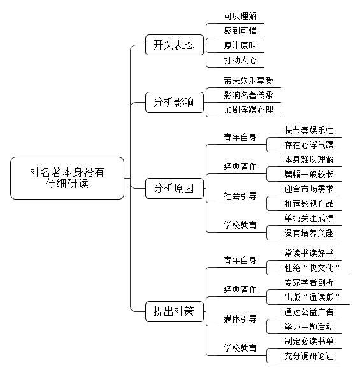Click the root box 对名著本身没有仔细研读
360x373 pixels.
68,178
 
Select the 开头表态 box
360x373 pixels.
175,45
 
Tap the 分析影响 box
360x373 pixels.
175,102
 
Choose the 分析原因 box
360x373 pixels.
175,188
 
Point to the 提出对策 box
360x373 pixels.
175,311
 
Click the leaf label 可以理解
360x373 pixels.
240,16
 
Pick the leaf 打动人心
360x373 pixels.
240,60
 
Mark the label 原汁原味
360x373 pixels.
240,45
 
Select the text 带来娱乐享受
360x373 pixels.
248,80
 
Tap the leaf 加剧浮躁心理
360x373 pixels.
248,110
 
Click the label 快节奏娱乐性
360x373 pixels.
309,130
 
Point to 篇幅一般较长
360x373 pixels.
309,174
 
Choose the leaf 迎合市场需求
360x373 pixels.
309,189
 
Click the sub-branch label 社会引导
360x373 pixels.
240,196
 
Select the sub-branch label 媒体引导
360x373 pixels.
240,319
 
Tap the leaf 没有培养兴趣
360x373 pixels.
309,233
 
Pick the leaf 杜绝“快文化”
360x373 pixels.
312,268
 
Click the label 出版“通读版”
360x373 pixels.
312,297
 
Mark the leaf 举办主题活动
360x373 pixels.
309,326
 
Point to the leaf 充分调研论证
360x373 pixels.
309,356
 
